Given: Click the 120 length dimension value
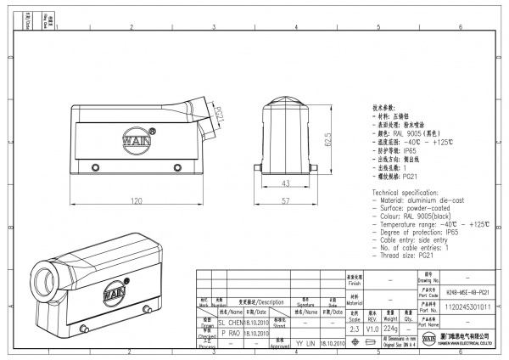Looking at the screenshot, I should pyautogui.click(x=135, y=201).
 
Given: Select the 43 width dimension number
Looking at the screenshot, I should pyautogui.click(x=285, y=183).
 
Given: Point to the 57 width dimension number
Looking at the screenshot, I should pyautogui.click(x=285, y=200).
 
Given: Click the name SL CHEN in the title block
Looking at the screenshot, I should pyautogui.click(x=232, y=323).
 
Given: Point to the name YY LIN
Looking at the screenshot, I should pyautogui.click(x=305, y=343).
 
